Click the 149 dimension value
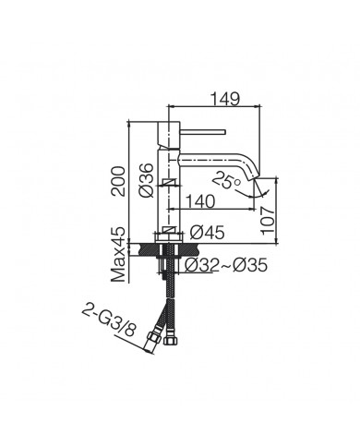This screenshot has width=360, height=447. tap(225, 99)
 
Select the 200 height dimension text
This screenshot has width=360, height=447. tap(118, 181)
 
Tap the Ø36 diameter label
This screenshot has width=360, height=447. tap(146, 180)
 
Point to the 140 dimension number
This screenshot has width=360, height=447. tap(200, 201)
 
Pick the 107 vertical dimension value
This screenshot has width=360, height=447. tap(267, 221)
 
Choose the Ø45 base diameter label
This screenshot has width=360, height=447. tap(207, 233)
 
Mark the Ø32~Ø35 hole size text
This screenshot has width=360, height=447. tap(226, 265)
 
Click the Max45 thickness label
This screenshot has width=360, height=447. tap(118, 255)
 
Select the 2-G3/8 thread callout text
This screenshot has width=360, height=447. tap(108, 321)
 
